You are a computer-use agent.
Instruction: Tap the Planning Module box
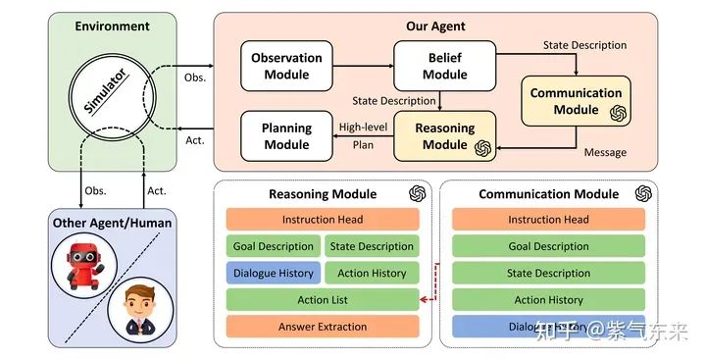(286, 136)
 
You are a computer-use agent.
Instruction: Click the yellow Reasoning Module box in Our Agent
(444, 136)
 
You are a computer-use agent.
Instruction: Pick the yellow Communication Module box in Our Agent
(576, 102)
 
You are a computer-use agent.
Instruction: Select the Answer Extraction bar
(323, 327)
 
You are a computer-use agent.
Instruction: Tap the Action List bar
(323, 300)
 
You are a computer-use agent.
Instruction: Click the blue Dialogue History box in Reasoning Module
(272, 274)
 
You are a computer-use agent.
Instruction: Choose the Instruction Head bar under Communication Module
(548, 220)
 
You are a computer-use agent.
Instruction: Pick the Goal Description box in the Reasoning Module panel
(274, 246)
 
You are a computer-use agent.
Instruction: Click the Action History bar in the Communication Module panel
(548, 300)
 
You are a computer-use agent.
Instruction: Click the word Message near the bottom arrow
(605, 153)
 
